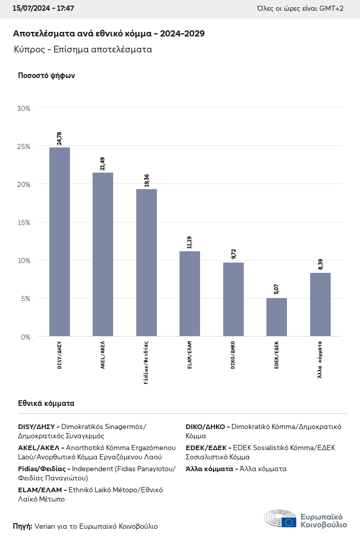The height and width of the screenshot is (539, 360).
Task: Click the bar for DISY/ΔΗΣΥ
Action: coord(60,241)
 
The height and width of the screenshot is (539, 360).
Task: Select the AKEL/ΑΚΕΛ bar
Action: coord(103,254)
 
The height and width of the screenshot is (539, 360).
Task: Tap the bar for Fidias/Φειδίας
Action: coord(147,263)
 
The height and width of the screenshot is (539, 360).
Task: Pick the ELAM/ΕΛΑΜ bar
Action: coord(190,293)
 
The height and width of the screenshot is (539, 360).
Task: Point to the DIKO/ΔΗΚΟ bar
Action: coord(233,299)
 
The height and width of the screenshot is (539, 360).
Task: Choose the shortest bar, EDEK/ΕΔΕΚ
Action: coord(277,317)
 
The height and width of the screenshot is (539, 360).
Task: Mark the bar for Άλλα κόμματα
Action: coord(320,304)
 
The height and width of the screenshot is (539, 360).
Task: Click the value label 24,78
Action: coord(60,138)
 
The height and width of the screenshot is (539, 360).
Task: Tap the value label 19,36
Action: coord(147,180)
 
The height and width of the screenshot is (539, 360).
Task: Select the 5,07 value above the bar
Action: coord(277,289)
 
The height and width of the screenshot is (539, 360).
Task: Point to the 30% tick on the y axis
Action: coord(24,108)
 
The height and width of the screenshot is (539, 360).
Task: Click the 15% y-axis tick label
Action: coord(24,222)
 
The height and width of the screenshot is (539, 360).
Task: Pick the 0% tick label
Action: coord(26,337)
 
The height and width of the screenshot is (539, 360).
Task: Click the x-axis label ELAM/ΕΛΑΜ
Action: coord(190,355)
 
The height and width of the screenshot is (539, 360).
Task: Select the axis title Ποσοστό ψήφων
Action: coord(46,76)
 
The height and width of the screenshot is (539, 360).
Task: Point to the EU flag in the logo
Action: coord(289,522)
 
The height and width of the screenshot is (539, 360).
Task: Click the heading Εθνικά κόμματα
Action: coord(46,403)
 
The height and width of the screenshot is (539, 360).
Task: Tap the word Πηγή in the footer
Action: coord(23,526)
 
